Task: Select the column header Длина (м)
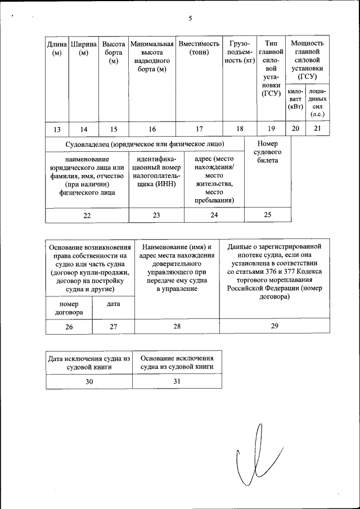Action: tap(56, 48)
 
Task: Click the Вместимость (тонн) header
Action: tap(199, 48)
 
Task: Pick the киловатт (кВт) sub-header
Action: tap(295, 98)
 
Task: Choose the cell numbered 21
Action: tap(318, 129)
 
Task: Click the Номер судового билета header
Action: tap(267, 152)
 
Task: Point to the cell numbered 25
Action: tap(267, 215)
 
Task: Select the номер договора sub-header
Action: tap(69, 308)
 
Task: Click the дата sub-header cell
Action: tap(113, 304)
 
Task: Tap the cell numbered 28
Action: tap(177, 327)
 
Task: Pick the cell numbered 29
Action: tap(274, 327)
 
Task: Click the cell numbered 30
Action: tap(89, 381)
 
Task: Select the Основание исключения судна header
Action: tap(177, 362)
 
